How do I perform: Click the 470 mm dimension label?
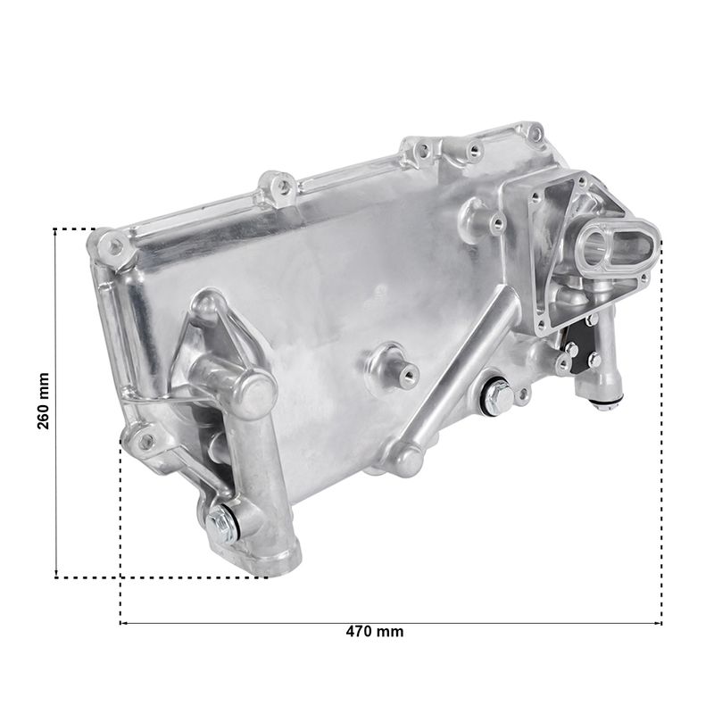pyautogui.click(x=374, y=632)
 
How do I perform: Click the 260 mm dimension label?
pyautogui.click(x=43, y=401)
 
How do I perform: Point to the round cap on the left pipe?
pyautogui.click(x=255, y=393)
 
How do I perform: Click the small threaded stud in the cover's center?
pyautogui.click(x=409, y=374)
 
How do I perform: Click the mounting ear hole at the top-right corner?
pyautogui.click(x=537, y=132)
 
